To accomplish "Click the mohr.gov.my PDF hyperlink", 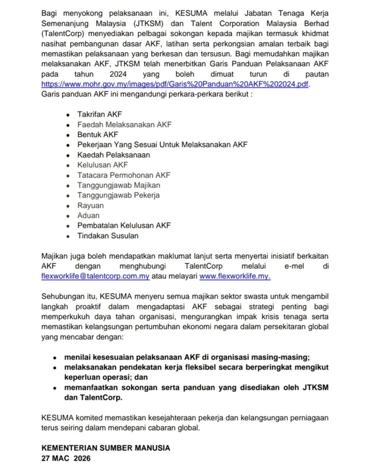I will coord(175,84).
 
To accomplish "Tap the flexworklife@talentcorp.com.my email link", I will coord(95,276).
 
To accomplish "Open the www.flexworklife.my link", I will coord(235,276).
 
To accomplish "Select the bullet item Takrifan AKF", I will coord(100,114).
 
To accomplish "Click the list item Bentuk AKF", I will coord(98,134).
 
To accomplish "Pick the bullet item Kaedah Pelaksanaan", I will coord(114,155).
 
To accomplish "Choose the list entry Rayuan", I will coord(90,205).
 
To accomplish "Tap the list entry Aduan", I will coord(88,215).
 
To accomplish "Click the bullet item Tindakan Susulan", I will coord(108,236).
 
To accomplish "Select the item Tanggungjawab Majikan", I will coord(119,185).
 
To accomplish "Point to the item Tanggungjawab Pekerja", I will coord(118,195).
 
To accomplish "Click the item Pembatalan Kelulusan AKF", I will coord(124,225).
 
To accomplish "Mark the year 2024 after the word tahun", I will coord(118,74).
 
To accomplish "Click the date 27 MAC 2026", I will coord(66,458).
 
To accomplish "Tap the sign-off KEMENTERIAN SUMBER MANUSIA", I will coord(106,448).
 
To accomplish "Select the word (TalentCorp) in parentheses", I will coord(63,34).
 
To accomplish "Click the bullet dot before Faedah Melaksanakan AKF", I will coord(68,125).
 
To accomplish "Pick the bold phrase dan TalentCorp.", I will coord(93,397).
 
